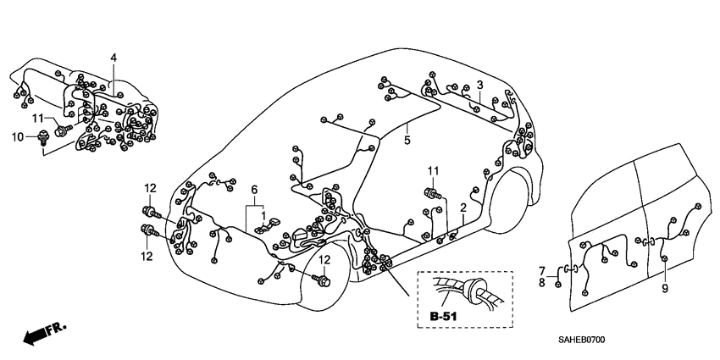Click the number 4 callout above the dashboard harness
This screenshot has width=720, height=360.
[x=113, y=57]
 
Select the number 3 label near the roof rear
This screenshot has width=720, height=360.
[x=479, y=85]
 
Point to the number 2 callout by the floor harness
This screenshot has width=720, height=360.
[x=463, y=208]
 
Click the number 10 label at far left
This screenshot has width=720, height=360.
[x=16, y=136]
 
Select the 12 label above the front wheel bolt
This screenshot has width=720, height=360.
[x=324, y=259]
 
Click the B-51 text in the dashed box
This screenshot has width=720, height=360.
[x=444, y=316]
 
